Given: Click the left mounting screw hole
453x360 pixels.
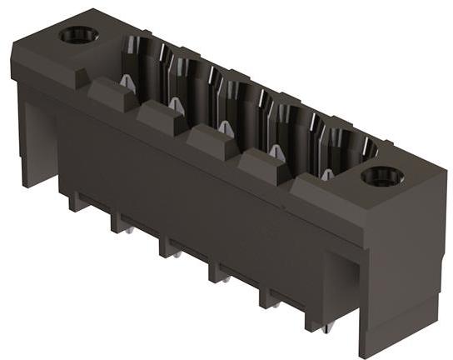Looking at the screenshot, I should (x=78, y=35).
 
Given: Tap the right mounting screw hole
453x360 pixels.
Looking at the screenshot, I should (x=382, y=176).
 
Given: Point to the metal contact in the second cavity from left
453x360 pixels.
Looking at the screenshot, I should (x=175, y=103).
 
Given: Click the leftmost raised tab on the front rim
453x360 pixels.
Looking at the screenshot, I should (x=108, y=93).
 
